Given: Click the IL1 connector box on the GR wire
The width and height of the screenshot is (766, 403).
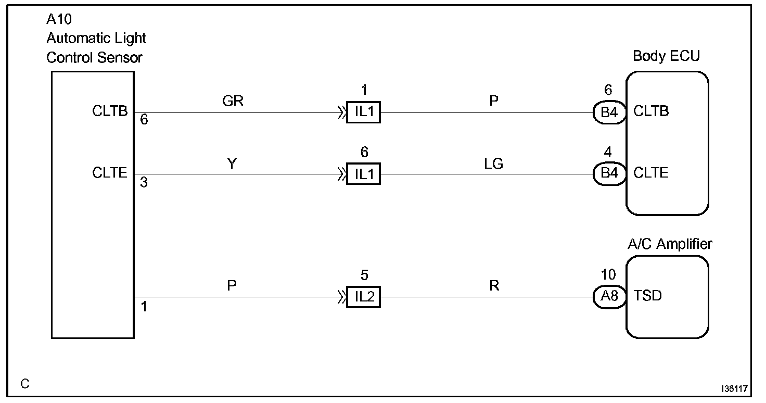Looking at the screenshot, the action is pyautogui.click(x=364, y=112).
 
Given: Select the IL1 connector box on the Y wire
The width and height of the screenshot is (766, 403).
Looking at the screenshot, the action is pyautogui.click(x=364, y=174).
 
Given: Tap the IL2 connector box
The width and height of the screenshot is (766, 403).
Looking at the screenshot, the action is pyautogui.click(x=364, y=297).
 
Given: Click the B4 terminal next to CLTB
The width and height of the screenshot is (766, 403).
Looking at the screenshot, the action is pyautogui.click(x=609, y=112).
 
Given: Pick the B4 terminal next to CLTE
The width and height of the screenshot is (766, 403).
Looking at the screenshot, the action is pyautogui.click(x=609, y=174).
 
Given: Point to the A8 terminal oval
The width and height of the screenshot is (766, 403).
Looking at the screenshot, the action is pyautogui.click(x=609, y=297).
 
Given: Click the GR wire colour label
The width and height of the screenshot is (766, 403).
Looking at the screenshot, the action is pyautogui.click(x=233, y=102).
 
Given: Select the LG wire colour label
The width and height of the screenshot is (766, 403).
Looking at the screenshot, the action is pyautogui.click(x=493, y=164).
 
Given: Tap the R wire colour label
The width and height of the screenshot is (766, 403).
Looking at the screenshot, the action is pyautogui.click(x=494, y=286).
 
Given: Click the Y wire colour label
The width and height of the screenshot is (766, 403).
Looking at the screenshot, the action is pyautogui.click(x=232, y=164).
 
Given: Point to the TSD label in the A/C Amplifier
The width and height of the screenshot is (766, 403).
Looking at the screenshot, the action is pyautogui.click(x=648, y=296).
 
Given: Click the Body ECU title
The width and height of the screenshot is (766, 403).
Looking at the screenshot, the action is pyautogui.click(x=666, y=56).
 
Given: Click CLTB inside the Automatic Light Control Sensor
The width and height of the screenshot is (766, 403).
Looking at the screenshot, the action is pyautogui.click(x=110, y=111).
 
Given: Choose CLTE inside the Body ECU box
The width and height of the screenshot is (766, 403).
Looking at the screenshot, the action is pyautogui.click(x=651, y=173).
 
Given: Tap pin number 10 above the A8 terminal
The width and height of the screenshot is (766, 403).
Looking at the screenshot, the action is pyautogui.click(x=607, y=275).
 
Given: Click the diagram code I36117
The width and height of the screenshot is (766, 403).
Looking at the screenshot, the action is pyautogui.click(x=734, y=389).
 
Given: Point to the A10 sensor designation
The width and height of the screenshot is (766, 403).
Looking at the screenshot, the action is pyautogui.click(x=59, y=20).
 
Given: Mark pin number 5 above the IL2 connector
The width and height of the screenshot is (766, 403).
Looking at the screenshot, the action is pyautogui.click(x=364, y=275).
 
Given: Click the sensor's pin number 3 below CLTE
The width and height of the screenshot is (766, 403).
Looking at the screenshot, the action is pyautogui.click(x=144, y=183).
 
